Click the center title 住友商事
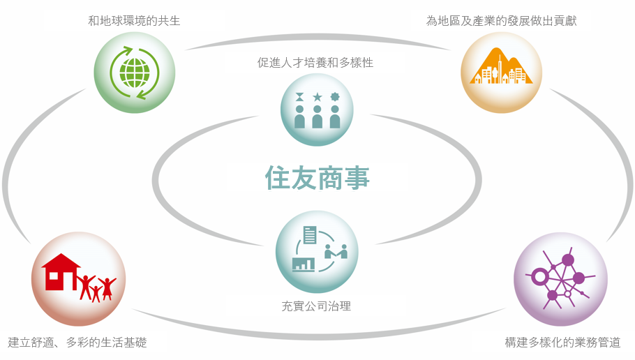point(317,177)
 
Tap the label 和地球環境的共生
point(134,21)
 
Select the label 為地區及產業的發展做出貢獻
point(501,21)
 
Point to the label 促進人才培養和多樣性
point(315,62)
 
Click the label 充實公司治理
point(316,306)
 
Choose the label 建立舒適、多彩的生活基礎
point(77,342)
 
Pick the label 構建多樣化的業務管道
point(562,342)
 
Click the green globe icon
point(135,73)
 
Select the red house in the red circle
point(61,272)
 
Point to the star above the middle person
point(317,97)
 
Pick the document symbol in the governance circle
point(310,235)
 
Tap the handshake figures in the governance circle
point(336,251)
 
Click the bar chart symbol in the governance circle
point(304,264)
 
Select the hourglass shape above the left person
point(299,97)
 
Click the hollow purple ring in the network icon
point(539,277)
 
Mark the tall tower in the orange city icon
point(500,69)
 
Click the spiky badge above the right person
point(335,97)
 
